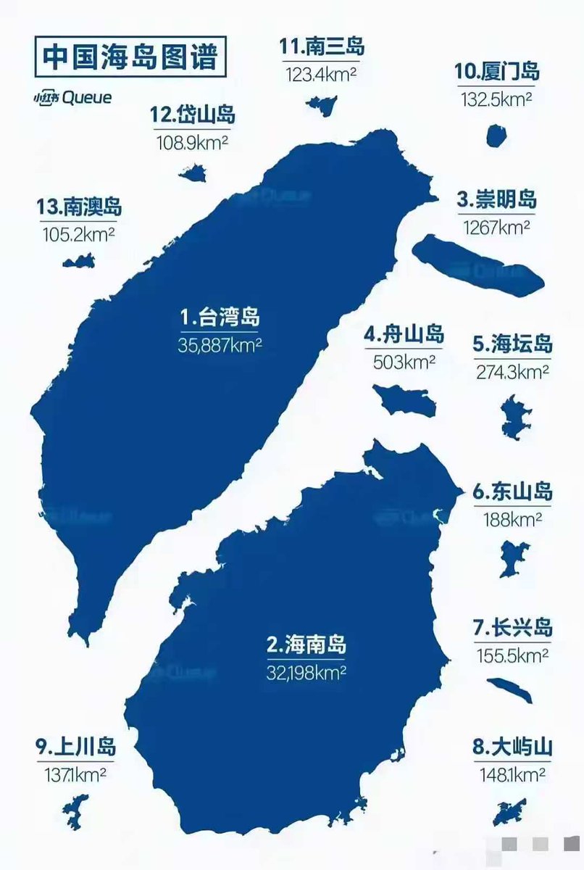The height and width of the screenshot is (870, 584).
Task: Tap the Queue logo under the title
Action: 72,97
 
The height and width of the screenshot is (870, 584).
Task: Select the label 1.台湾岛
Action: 219,318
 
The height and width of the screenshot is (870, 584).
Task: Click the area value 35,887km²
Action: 219,345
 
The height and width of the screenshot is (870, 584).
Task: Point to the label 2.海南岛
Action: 306,644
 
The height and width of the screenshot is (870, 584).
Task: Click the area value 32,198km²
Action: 306,671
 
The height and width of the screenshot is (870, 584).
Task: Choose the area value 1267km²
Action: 496,227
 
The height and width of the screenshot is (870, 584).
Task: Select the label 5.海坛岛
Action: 512,344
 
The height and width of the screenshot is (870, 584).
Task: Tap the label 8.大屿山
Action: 512,747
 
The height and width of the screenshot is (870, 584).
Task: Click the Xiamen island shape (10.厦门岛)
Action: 496,136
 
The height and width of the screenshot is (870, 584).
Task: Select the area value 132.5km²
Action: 497,99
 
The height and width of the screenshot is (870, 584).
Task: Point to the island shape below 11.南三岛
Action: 321,104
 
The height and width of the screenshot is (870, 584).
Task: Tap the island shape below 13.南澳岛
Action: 79,261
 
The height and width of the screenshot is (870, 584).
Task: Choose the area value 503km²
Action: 404,361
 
